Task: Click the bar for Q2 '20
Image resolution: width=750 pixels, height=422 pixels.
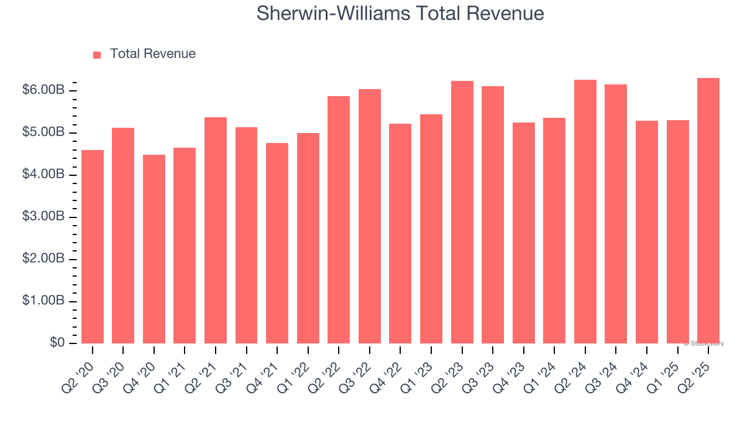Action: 93,247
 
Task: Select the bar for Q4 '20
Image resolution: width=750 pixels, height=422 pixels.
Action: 154,249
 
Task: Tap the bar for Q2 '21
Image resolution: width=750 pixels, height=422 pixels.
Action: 216,230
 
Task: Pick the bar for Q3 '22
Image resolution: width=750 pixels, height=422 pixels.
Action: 370,216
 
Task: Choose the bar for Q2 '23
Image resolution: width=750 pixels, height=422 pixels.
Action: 462,212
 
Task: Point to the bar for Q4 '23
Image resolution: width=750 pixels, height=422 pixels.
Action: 524,233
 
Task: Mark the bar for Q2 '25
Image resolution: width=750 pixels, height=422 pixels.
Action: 708,211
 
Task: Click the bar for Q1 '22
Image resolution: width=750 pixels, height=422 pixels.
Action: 308,238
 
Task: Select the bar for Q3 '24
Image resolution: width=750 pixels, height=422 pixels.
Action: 616,214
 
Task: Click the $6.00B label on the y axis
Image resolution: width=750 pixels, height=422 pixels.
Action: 43,90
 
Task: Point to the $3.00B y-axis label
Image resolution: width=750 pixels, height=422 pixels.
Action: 43,217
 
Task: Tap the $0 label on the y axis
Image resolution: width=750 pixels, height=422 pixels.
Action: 57,343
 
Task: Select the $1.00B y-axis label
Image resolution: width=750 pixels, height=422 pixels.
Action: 43,301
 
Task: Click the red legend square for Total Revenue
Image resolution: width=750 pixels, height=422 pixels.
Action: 97,55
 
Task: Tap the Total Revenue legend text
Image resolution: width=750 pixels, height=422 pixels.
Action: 153,54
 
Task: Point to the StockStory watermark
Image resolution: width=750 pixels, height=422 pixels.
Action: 704,343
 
